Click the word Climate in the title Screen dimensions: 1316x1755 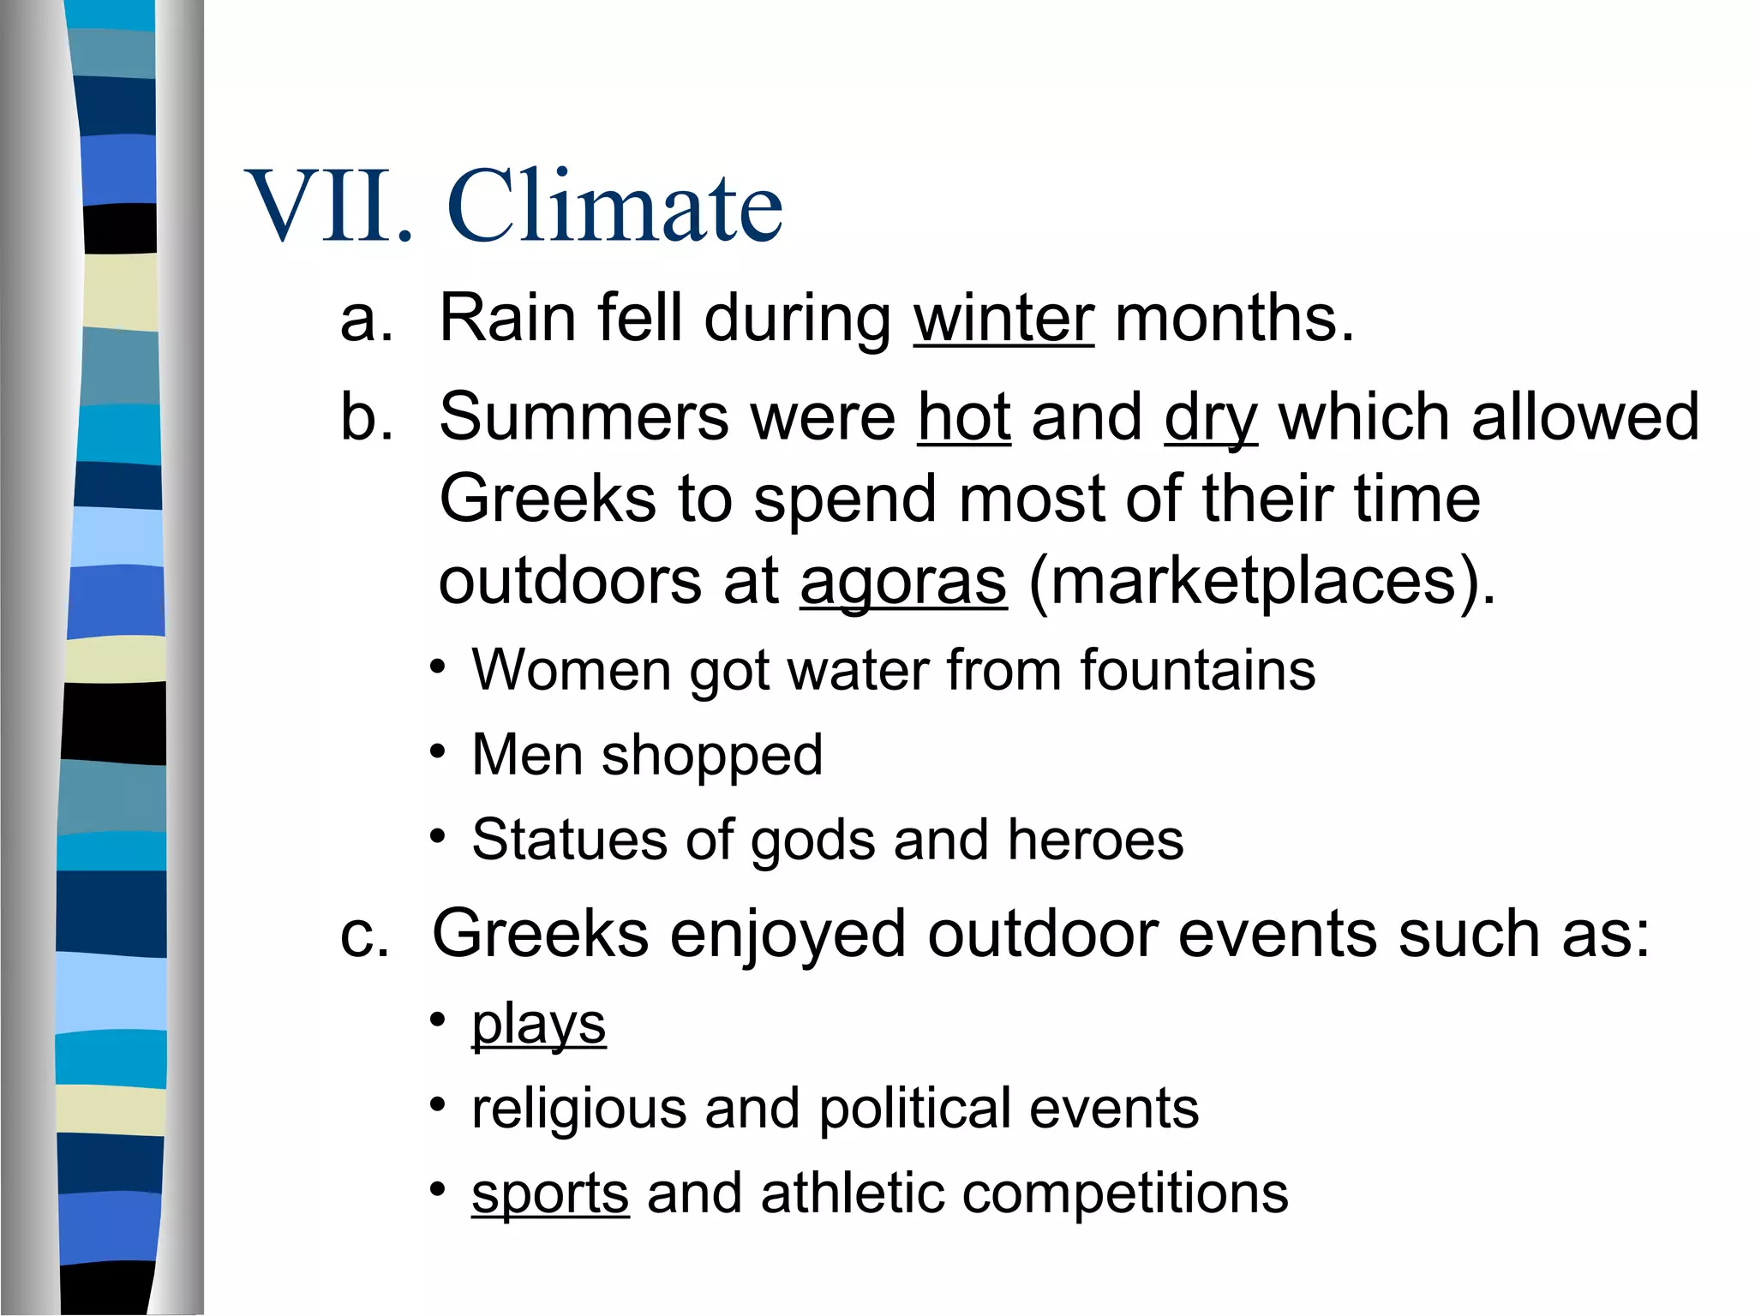pos(614,206)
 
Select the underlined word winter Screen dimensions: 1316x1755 pos(1003,319)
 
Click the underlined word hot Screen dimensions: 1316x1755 pos(964,417)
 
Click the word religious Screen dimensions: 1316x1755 pos(579,1110)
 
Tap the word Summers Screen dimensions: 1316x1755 pos(582,417)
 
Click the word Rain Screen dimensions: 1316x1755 pos(507,319)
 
